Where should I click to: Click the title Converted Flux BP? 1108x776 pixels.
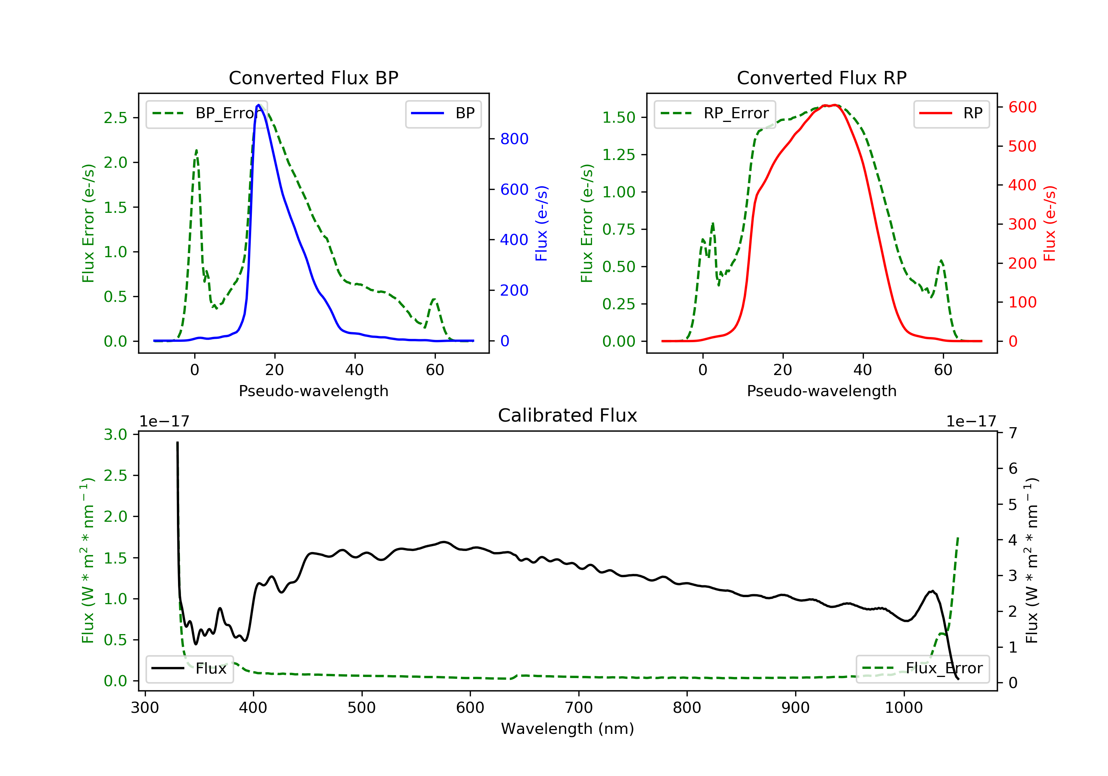click(313, 78)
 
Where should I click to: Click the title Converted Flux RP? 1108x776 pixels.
click(821, 78)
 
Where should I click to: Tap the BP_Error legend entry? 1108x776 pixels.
click(206, 113)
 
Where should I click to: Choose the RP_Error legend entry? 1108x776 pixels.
click(715, 113)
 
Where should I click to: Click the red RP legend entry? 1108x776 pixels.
click(951, 113)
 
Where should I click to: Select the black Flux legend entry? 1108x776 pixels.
click(190, 668)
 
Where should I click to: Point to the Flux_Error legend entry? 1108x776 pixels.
click(922, 668)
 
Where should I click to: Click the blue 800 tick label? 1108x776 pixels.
click(514, 139)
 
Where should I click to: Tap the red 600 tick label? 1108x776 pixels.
click(1022, 107)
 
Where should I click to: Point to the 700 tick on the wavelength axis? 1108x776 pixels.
click(579, 708)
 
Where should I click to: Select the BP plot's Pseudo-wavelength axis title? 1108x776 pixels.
click(313, 391)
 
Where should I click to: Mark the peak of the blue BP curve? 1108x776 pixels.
click(259, 105)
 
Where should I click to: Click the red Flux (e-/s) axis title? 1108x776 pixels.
click(1050, 223)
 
